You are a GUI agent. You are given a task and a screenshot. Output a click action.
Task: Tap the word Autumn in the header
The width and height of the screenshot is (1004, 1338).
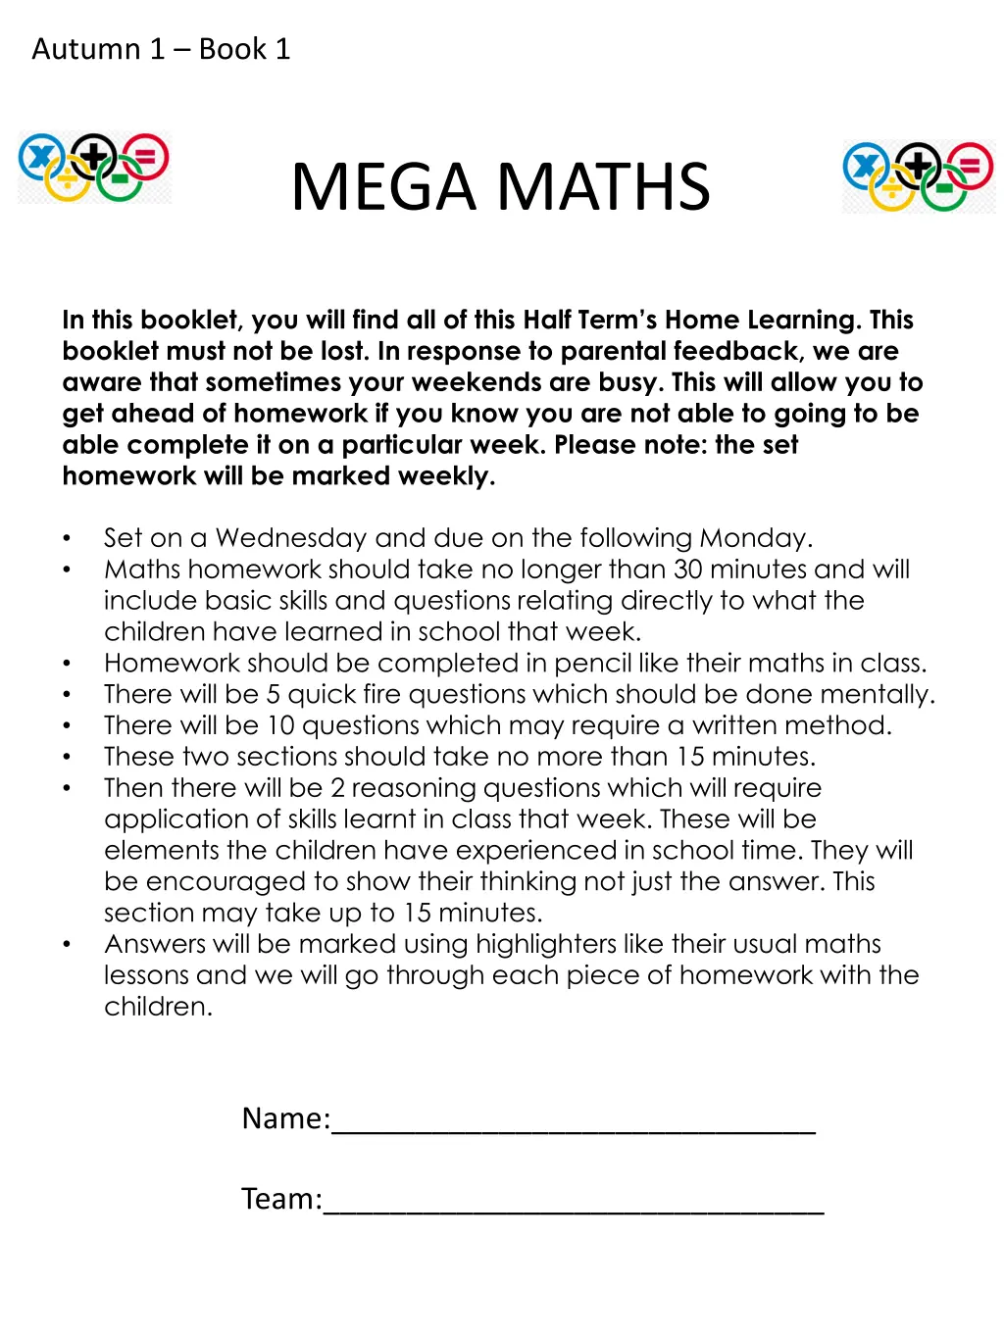86,49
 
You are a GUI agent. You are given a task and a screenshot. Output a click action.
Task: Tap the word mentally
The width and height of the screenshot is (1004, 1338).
877,695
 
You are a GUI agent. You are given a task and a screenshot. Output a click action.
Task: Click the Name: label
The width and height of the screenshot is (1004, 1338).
286,1118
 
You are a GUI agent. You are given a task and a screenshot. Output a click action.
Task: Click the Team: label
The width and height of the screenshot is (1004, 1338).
281,1199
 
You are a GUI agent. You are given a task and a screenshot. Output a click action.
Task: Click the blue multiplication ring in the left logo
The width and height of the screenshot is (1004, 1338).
41,157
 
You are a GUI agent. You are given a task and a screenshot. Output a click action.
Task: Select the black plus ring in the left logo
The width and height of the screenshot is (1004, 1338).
94,155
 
